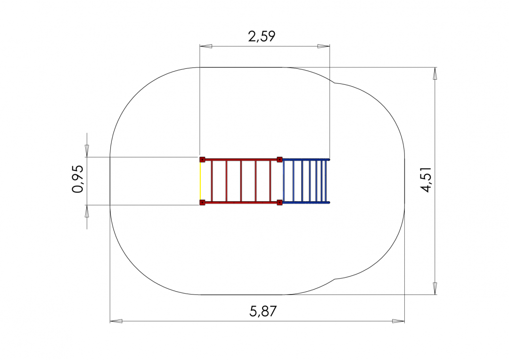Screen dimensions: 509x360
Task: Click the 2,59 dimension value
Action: point(262,36)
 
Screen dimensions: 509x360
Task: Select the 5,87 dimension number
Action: point(263,311)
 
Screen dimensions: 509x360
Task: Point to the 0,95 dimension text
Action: point(78,179)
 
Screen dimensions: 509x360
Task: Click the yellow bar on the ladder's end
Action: point(200,181)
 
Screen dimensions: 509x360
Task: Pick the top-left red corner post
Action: point(202,159)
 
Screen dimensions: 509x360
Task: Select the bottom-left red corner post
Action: point(202,203)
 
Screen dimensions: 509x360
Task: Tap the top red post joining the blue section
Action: point(279,159)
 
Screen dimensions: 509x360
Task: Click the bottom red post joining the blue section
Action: point(279,203)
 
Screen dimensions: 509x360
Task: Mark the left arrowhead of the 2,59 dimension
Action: point(206,46)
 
